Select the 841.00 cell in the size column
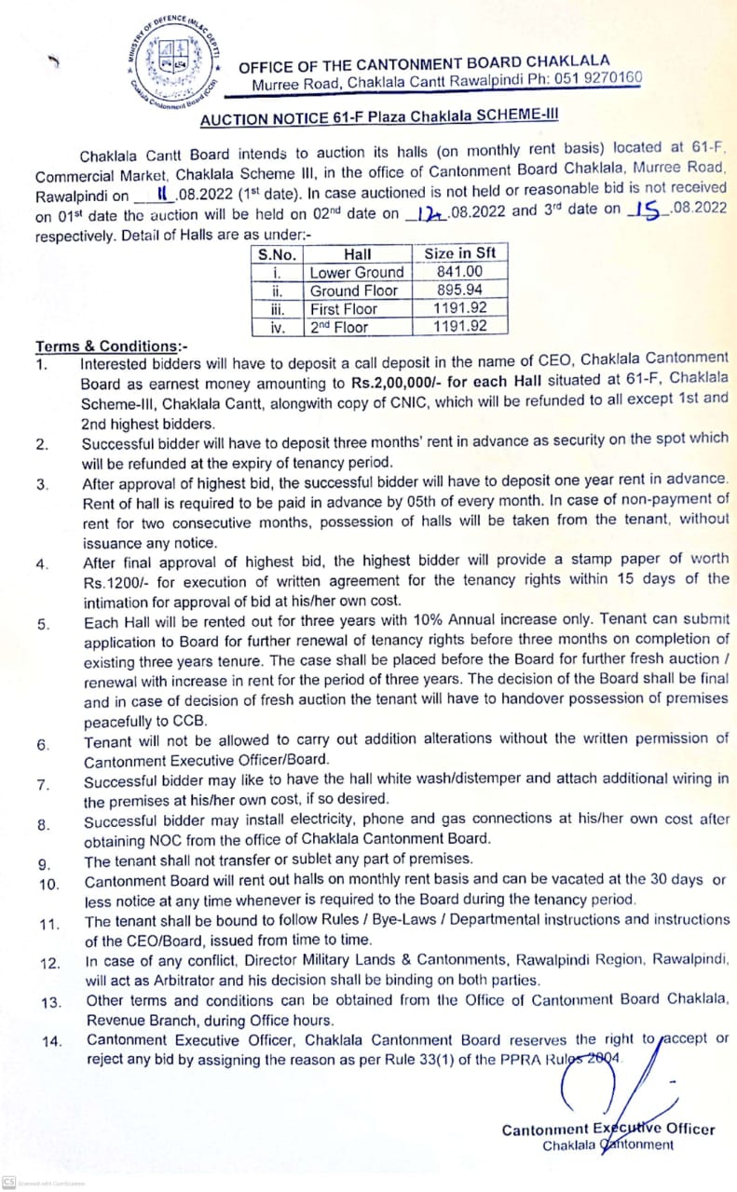tap(460, 272)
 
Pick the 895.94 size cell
tap(460, 290)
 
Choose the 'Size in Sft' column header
tap(460, 253)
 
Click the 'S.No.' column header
tap(277, 253)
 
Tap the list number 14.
tap(51, 1042)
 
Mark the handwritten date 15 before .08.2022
tap(642, 209)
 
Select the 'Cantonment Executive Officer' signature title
tap(607, 1129)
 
